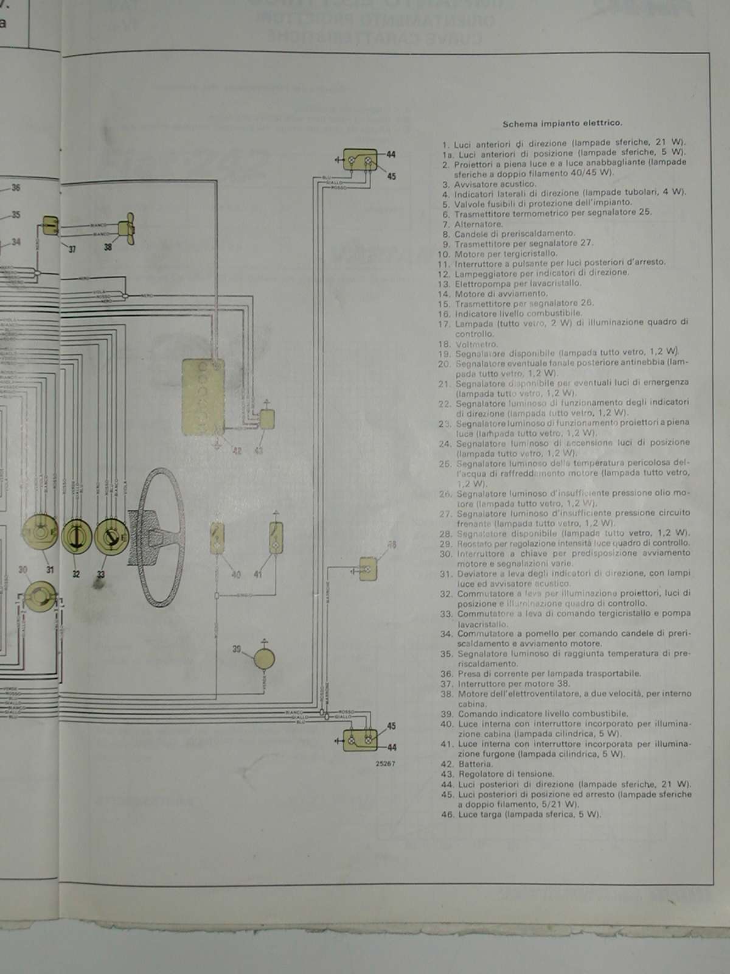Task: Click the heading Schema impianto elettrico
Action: point(561,123)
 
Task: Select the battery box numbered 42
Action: point(203,397)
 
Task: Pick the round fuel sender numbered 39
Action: point(264,659)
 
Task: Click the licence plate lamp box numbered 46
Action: point(368,569)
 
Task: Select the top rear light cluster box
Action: point(360,161)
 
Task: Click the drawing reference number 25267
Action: point(385,763)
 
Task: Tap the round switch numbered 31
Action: point(40,534)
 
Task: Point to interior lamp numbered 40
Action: point(217,538)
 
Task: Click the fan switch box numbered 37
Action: point(50,226)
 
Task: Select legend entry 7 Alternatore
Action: point(479,224)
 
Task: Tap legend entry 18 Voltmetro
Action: point(476,344)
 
